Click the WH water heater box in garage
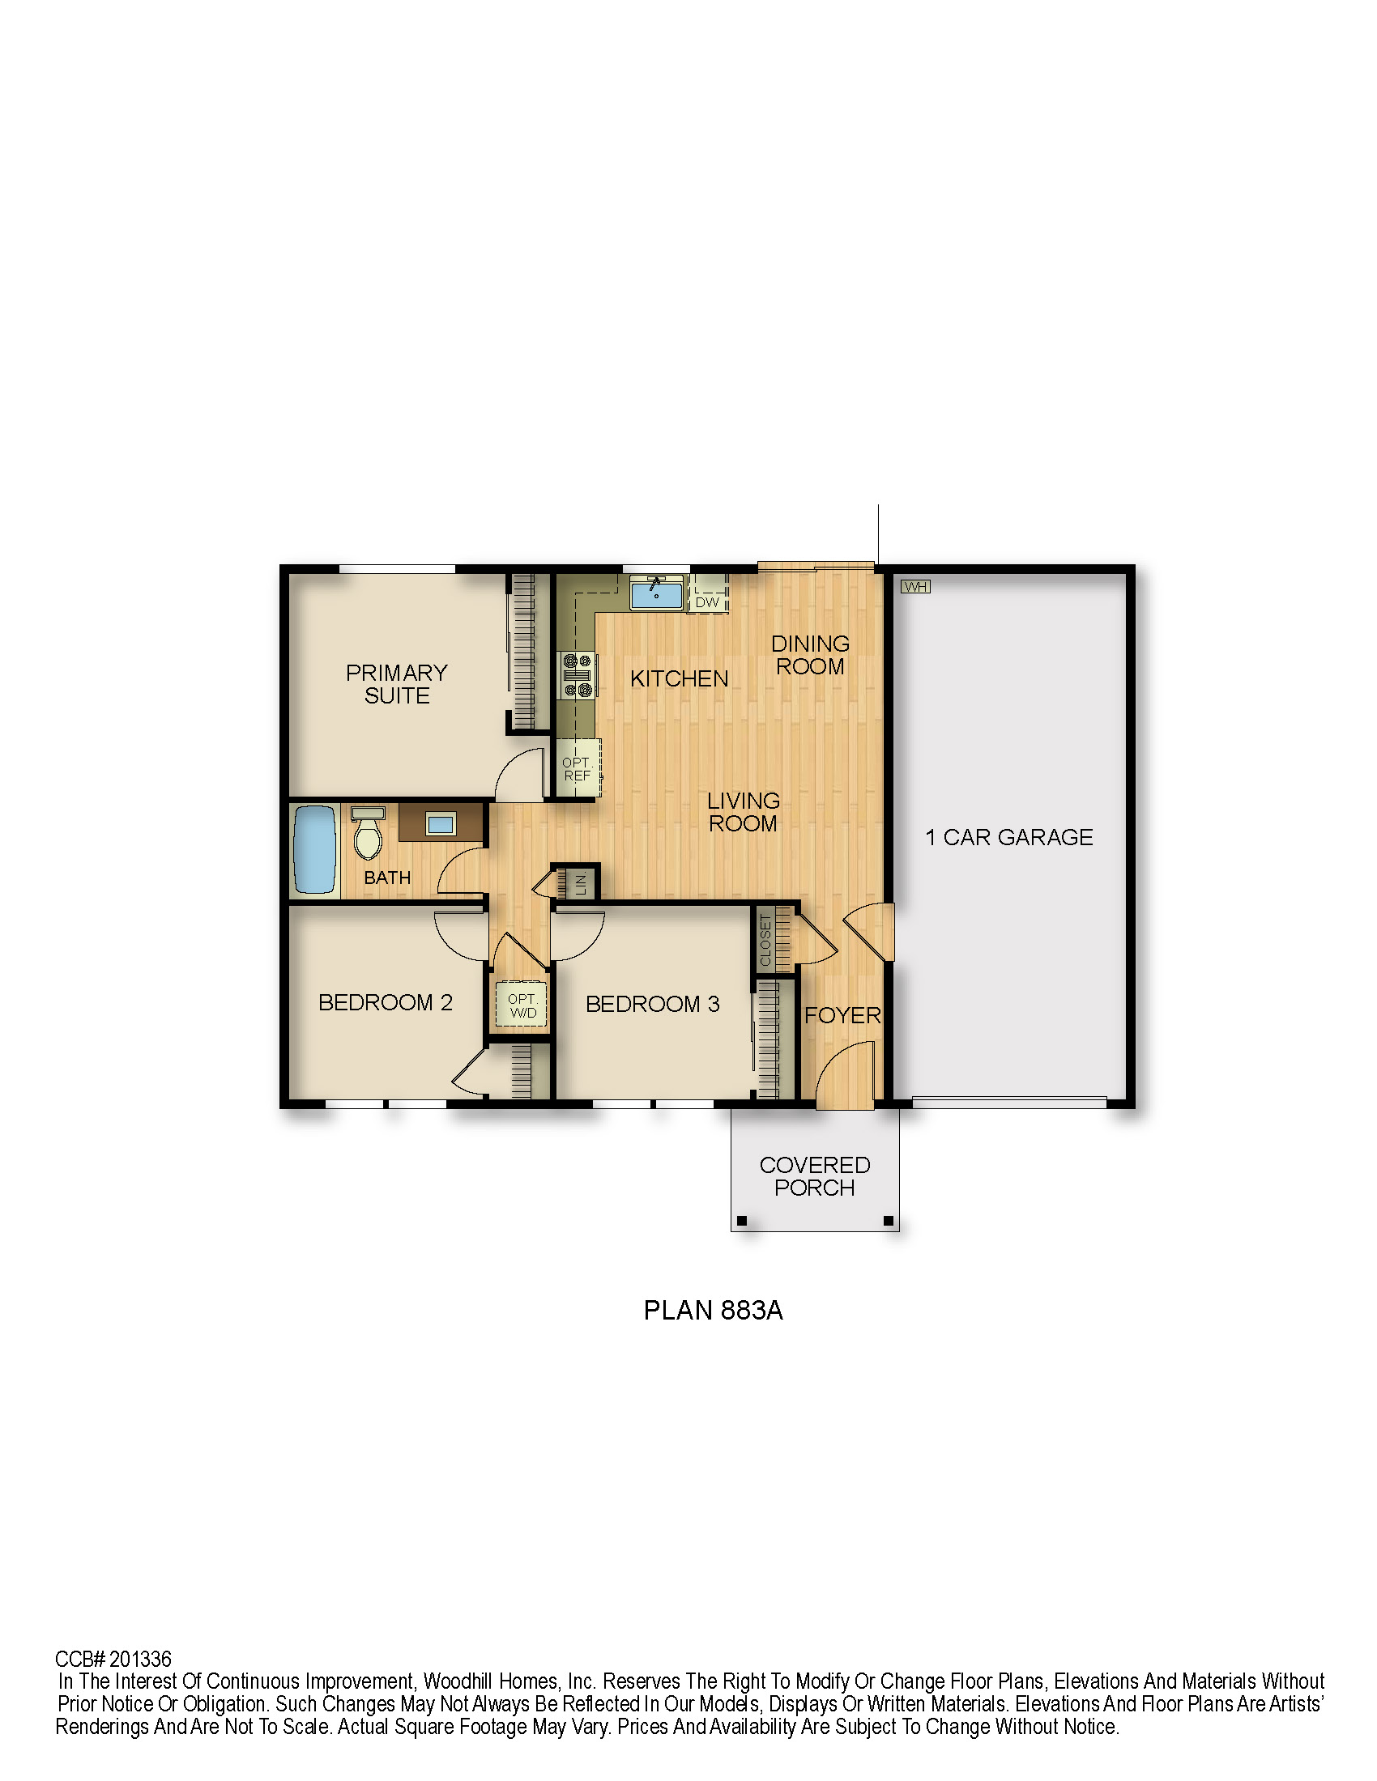pyautogui.click(x=915, y=586)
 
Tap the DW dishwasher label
pyautogui.click(x=707, y=602)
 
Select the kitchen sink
pyautogui.click(x=656, y=592)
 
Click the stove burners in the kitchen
pyautogui.click(x=578, y=675)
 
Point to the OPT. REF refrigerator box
pyautogui.click(x=578, y=769)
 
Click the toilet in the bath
pyautogui.click(x=368, y=832)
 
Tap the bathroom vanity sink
pyautogui.click(x=441, y=823)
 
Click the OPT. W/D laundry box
pyautogui.click(x=522, y=1005)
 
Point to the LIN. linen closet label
pyautogui.click(x=581, y=882)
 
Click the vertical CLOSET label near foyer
pyautogui.click(x=765, y=940)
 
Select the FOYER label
pyautogui.click(x=842, y=1015)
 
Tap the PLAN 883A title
pyautogui.click(x=713, y=1310)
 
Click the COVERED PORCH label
pyautogui.click(x=815, y=1176)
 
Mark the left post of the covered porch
pyautogui.click(x=742, y=1221)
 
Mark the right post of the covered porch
pyautogui.click(x=889, y=1221)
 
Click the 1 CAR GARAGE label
pyautogui.click(x=1009, y=838)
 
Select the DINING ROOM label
pyautogui.click(x=810, y=655)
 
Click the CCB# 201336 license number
pyautogui.click(x=113, y=1659)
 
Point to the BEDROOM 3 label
pyautogui.click(x=653, y=1004)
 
